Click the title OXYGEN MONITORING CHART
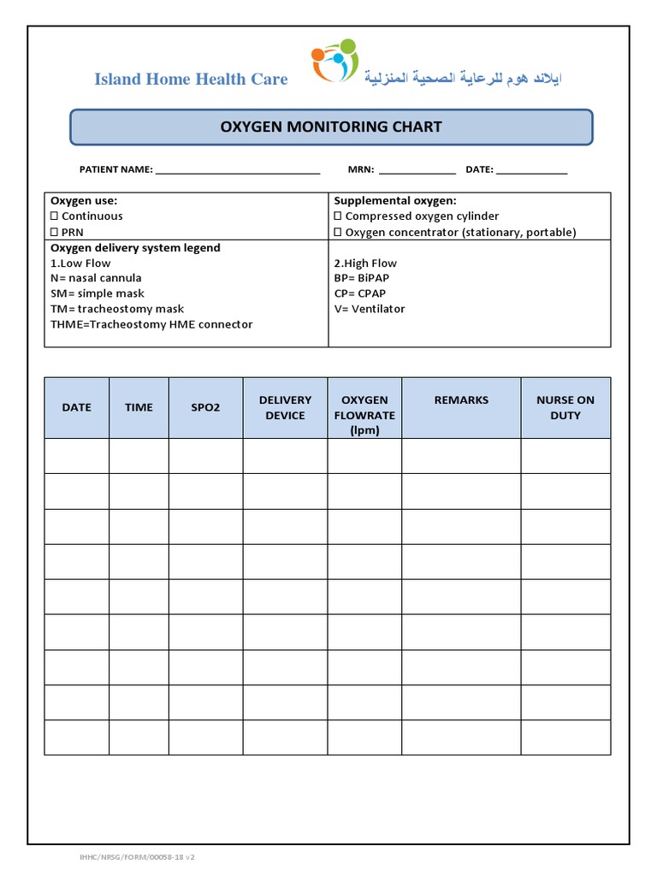331,127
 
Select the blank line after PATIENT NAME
237,170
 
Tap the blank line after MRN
417,170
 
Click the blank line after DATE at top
531,170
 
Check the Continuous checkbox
54,216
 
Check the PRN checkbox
54,232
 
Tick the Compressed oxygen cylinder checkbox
338,216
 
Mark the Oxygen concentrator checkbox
338,232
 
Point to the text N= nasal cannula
96,278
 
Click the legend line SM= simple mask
98,293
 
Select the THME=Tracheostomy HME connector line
151,324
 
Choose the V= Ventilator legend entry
370,309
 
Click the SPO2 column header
205,407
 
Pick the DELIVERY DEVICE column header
285,407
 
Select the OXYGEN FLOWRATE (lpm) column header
364,415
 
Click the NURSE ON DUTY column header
565,407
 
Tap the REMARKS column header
461,400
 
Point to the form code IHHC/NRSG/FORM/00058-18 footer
138,856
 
